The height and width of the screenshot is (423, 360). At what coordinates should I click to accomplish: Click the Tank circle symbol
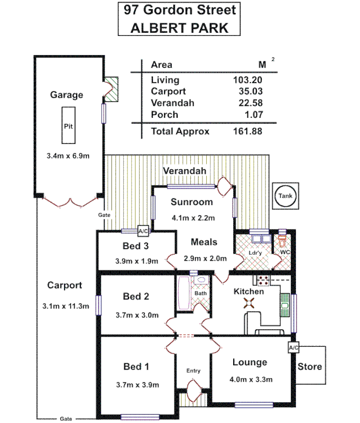[x=285, y=196]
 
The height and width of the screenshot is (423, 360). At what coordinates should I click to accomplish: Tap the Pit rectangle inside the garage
[x=68, y=125]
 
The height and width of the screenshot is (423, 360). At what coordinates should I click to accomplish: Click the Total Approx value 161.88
[x=247, y=132]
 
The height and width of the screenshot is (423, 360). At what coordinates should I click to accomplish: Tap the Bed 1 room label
[x=136, y=366]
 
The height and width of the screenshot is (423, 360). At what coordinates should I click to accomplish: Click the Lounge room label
[x=250, y=362]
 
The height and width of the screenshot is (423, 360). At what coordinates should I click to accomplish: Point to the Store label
[x=310, y=366]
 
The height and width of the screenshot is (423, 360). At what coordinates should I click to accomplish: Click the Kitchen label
[x=248, y=291]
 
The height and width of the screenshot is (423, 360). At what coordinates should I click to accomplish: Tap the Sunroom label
[x=192, y=201]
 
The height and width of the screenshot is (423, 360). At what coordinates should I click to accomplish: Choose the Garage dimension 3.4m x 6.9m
[x=68, y=156]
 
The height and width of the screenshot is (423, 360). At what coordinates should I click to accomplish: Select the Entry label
[x=193, y=371]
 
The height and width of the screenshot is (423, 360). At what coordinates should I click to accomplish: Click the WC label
[x=285, y=252]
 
